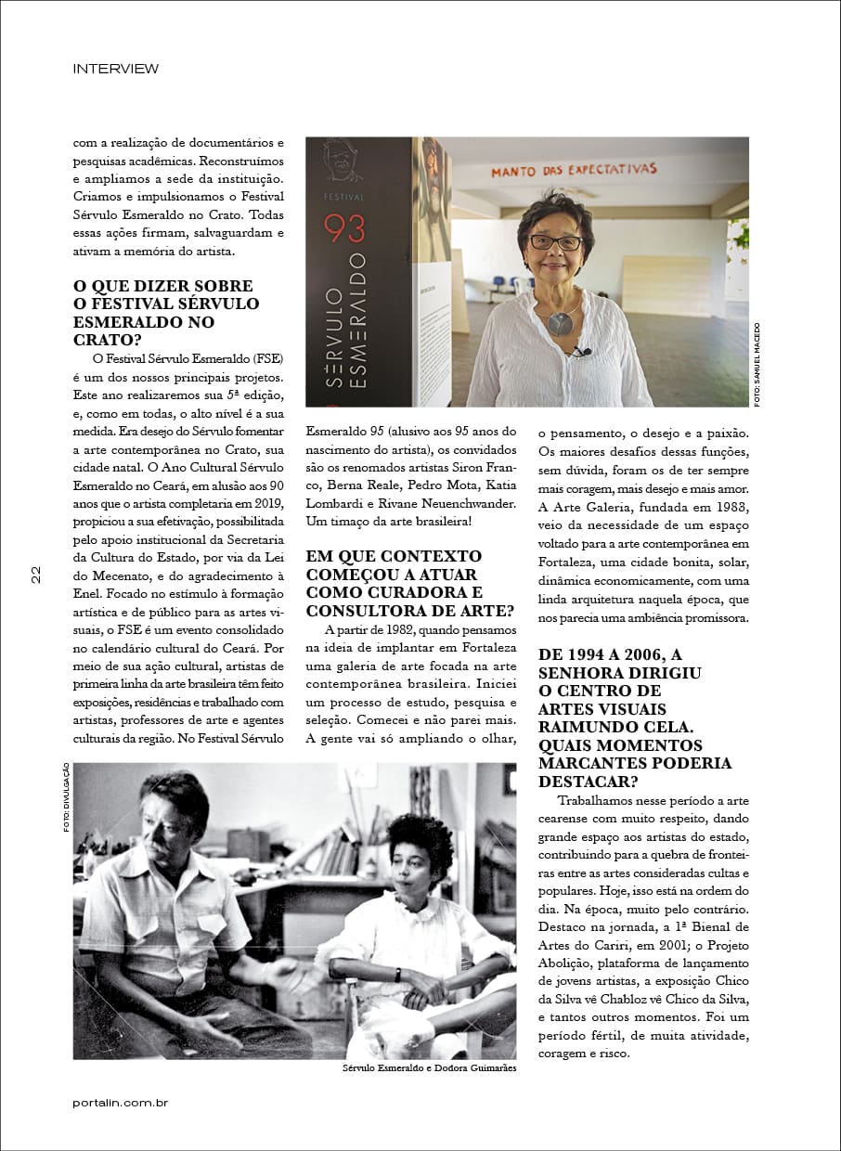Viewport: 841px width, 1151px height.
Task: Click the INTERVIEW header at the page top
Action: point(115,69)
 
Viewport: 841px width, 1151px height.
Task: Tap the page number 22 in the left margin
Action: point(35,575)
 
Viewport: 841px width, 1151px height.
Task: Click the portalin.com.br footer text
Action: point(120,1103)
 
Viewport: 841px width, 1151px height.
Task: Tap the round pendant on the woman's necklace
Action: point(561,323)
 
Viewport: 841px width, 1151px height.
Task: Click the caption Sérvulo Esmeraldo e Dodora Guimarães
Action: point(429,1068)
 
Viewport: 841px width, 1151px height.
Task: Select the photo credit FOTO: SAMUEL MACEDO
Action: point(757,364)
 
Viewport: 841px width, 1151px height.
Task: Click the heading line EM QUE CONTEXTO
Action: point(394,556)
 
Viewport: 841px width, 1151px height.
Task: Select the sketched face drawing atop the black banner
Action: point(343,161)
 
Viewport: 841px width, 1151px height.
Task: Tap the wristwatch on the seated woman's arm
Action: point(396,975)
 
